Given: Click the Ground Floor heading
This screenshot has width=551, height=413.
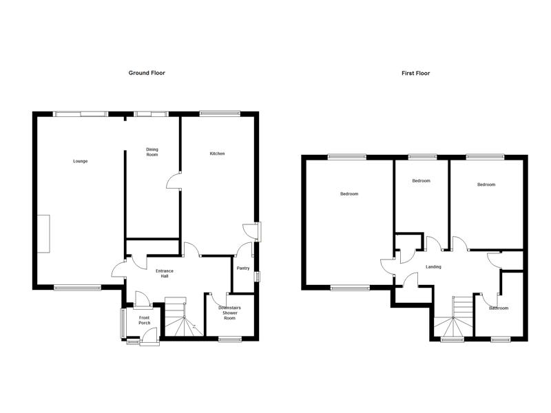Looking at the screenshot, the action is point(147,73).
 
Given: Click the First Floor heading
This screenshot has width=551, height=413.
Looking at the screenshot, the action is point(416,74).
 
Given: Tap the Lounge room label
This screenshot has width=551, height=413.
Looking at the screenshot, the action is point(80,161).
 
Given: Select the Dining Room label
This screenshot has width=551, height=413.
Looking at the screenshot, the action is point(152,152).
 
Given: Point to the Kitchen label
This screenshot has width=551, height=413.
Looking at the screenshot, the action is point(217,153).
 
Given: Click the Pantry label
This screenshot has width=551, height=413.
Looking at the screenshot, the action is point(243,268).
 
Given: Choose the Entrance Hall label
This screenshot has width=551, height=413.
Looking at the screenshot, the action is point(165,273).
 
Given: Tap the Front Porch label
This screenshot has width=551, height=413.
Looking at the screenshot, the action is point(144,320).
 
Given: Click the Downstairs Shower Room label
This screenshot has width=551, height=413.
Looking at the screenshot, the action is point(229,313).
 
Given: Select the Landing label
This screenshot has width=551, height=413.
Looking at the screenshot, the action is point(433,267).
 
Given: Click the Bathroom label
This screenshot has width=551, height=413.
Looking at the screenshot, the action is point(499,308).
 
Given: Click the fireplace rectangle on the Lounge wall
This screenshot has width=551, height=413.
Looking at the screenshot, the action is point(43,233).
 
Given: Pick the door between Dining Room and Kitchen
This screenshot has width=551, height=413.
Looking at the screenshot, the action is point(174,180).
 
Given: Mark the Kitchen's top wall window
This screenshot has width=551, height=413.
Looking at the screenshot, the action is point(220,113).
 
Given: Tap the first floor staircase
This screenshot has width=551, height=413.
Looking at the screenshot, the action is point(453,317).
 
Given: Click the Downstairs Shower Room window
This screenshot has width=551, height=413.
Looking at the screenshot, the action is point(230,339).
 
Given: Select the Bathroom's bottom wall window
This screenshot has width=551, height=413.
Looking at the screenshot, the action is point(501,339).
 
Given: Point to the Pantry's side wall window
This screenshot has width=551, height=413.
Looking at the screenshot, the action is point(258,277).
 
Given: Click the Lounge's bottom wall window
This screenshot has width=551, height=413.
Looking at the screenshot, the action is point(77,288).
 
